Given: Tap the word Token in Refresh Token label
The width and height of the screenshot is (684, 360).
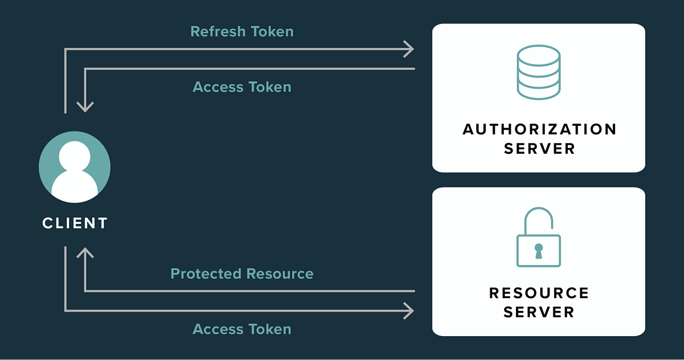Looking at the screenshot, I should pyautogui.click(x=272, y=31).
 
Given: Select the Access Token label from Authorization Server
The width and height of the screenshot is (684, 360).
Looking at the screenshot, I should pyautogui.click(x=242, y=87).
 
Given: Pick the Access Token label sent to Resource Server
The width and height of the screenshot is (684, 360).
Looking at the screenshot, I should pyautogui.click(x=242, y=329).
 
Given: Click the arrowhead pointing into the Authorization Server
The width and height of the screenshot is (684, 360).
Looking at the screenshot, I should pyautogui.click(x=408, y=50).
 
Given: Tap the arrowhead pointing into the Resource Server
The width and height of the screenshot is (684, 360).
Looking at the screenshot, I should pyautogui.click(x=408, y=310).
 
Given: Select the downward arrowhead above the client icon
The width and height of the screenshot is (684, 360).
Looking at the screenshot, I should pyautogui.click(x=85, y=105).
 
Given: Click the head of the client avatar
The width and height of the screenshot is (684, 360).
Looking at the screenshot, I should pyautogui.click(x=75, y=155).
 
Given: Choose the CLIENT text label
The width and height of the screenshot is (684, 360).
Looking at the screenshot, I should pyautogui.click(x=75, y=223).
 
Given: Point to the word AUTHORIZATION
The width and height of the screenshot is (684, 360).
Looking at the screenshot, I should pyautogui.click(x=539, y=129).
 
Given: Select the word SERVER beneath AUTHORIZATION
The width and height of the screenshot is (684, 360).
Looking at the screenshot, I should pyautogui.click(x=539, y=149).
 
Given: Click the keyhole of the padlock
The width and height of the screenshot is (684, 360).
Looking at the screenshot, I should pyautogui.click(x=538, y=250).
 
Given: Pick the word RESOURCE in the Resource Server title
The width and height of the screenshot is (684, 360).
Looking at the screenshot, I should pyautogui.click(x=539, y=293).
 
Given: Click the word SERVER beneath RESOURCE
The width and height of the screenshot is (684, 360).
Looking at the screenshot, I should pyautogui.click(x=539, y=313).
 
